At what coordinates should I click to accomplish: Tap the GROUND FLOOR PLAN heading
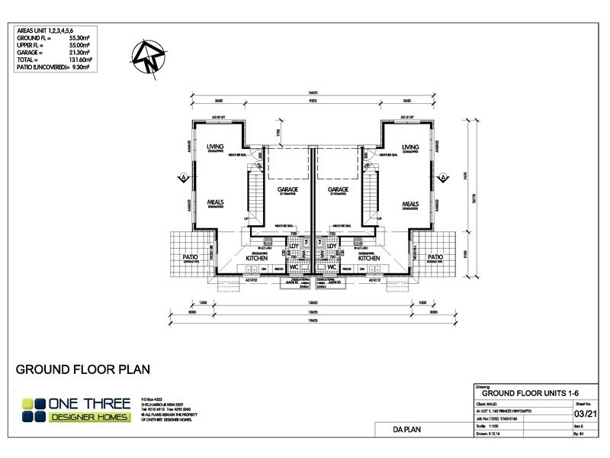pos(82,369)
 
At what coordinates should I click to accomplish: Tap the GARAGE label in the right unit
pos(339,189)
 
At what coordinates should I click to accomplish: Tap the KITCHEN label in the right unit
pos(370,259)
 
